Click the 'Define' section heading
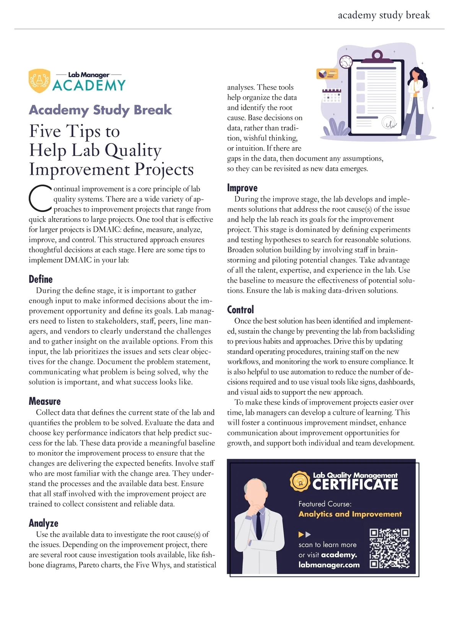point(41,279)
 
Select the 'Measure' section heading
point(45,401)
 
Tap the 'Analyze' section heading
point(44,523)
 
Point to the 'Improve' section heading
point(242,188)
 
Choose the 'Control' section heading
point(240,310)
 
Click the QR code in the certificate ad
point(389,549)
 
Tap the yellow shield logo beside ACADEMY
point(39,81)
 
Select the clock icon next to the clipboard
point(346,62)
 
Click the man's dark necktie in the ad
point(259,524)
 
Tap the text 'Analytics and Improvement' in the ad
point(350,514)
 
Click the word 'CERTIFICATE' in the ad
point(355,485)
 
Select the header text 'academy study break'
point(384,15)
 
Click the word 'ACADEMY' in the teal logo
point(89,85)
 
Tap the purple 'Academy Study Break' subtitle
point(100,110)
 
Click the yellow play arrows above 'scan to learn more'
point(304,534)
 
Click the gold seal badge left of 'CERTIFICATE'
point(300,481)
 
